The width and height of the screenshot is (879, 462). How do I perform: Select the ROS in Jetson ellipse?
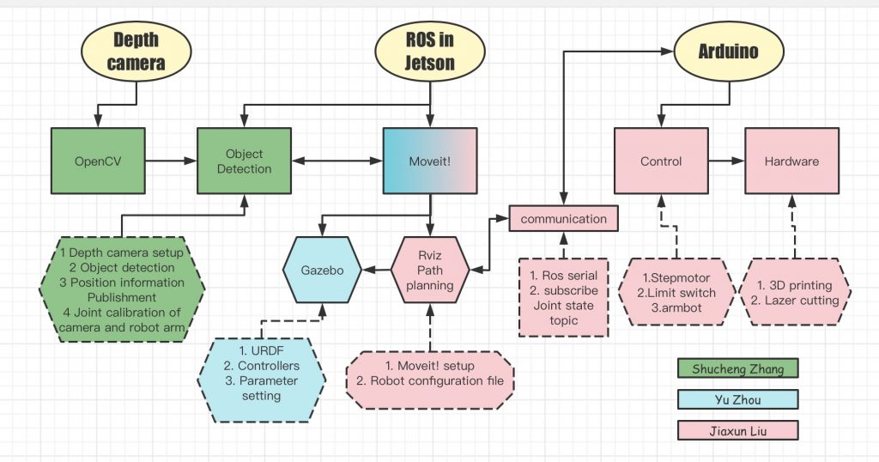430,52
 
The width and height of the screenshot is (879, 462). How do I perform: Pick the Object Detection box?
244,161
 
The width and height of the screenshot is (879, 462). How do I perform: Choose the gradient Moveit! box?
429,161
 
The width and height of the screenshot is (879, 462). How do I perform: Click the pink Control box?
660,161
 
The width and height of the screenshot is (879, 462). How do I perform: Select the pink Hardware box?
791,161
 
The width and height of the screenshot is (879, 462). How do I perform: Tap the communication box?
563,218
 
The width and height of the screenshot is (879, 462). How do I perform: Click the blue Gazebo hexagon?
322,269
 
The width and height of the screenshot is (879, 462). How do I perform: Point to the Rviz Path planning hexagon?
429,269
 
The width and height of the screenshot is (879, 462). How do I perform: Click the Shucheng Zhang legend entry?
737,368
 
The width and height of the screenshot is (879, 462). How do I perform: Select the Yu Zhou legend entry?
737,399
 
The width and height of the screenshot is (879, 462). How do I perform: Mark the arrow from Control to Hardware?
725,161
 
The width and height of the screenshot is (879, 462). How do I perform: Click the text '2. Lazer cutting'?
794,300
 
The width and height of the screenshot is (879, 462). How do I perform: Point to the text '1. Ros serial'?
564,276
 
